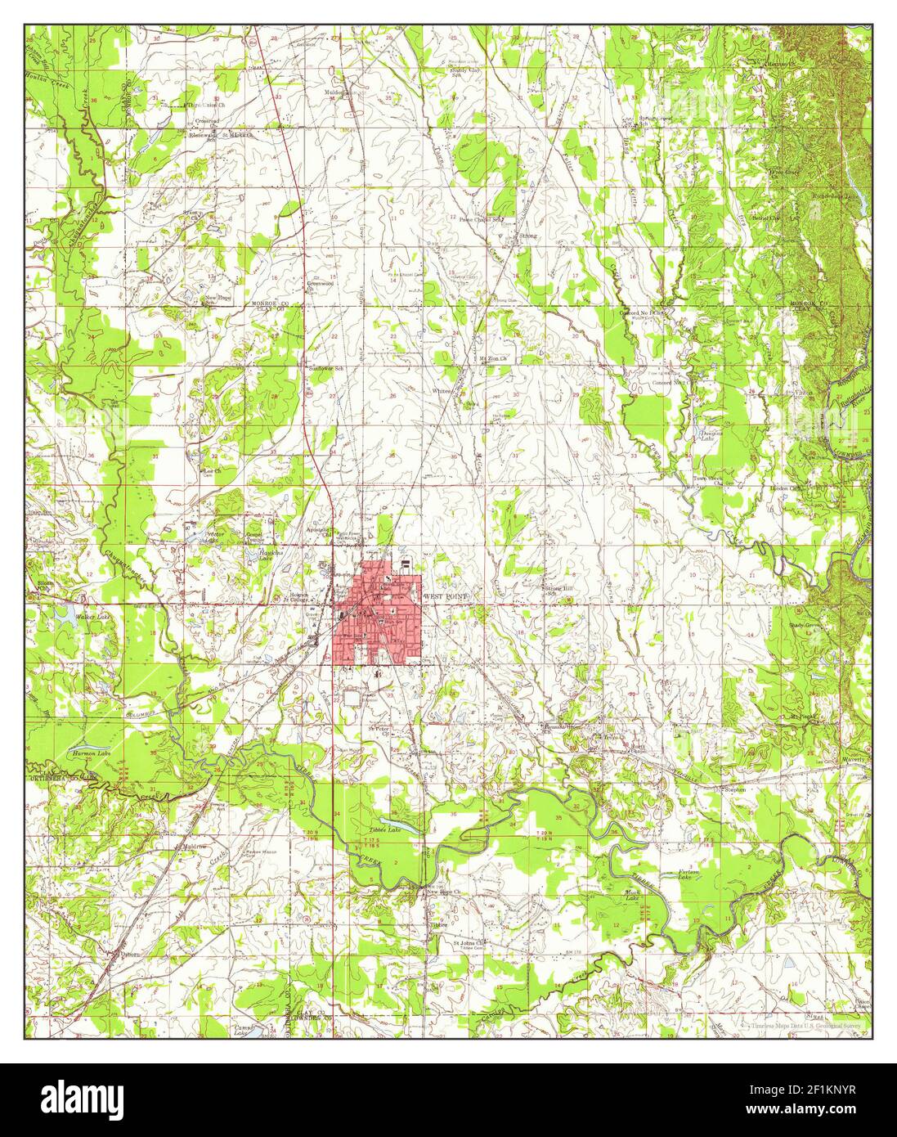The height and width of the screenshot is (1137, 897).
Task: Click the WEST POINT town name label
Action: point(447,597)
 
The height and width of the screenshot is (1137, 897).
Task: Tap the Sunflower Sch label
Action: point(323,369)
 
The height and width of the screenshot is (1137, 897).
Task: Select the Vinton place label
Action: point(805,393)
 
